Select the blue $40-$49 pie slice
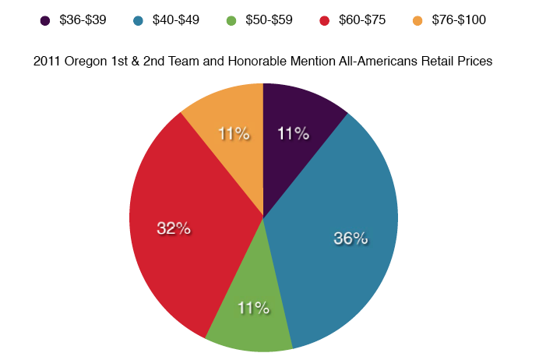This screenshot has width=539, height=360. pos(343,234)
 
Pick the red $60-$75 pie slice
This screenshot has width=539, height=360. pos(179,234)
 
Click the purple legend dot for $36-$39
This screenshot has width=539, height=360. pos(46,19)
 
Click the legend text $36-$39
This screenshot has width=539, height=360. pos(83,19)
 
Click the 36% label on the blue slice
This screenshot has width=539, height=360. pos(351,238)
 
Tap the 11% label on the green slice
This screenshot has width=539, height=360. pos(254,309)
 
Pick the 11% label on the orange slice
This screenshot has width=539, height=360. pos(234,134)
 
